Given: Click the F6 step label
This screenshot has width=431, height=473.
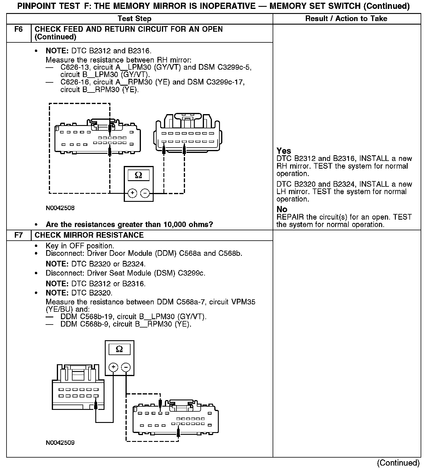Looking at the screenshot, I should pyautogui.click(x=18, y=29).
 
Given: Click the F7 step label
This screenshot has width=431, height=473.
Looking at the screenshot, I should pyautogui.click(x=18, y=235).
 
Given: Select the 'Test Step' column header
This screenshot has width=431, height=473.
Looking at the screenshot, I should pyautogui.click(x=134, y=19).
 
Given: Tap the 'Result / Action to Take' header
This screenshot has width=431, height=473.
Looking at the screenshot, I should pyautogui.click(x=346, y=19).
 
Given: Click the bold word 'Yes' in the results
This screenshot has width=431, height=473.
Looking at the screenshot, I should pyautogui.click(x=284, y=151).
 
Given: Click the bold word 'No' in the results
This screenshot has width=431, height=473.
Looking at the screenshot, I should pyautogui.click(x=282, y=210).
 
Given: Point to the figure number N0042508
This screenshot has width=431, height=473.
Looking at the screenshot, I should pyautogui.click(x=60, y=208).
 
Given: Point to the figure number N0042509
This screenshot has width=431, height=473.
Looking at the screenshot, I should pyautogui.click(x=60, y=443).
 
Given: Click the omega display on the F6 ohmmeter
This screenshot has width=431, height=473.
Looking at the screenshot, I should pyautogui.click(x=138, y=175).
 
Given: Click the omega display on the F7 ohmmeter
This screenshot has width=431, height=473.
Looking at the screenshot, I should pyautogui.click(x=119, y=349).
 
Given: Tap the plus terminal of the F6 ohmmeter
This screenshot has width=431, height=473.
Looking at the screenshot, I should pyautogui.click(x=132, y=193).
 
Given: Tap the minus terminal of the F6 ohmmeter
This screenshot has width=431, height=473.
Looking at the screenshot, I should pyautogui.click(x=145, y=193).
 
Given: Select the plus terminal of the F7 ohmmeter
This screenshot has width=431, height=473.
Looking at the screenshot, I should pyautogui.click(x=113, y=367).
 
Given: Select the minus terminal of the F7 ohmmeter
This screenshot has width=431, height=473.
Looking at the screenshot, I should pyautogui.click(x=126, y=367).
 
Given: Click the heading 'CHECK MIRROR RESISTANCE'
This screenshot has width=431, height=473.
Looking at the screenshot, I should pyautogui.click(x=89, y=235).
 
